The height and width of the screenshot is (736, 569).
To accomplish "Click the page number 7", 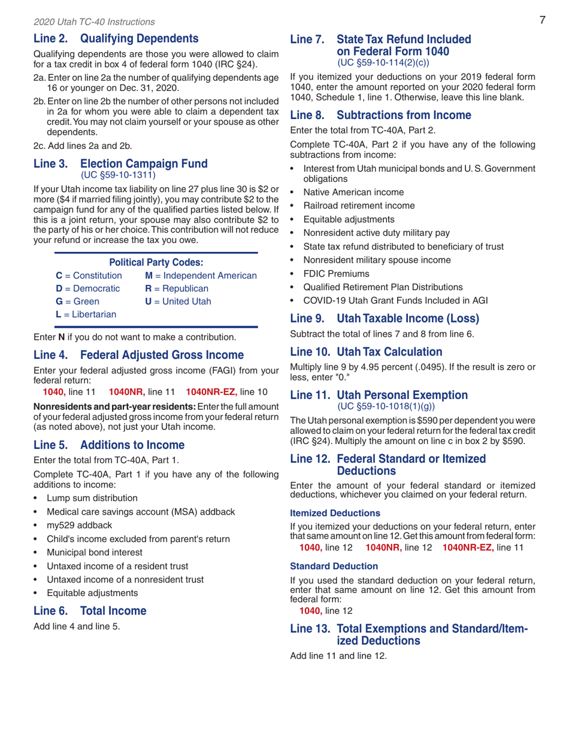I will pos(541,20).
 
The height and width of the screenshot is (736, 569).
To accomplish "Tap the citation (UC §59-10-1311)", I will pos(122,175).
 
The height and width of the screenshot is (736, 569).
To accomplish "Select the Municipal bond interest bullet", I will pos(95,552).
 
